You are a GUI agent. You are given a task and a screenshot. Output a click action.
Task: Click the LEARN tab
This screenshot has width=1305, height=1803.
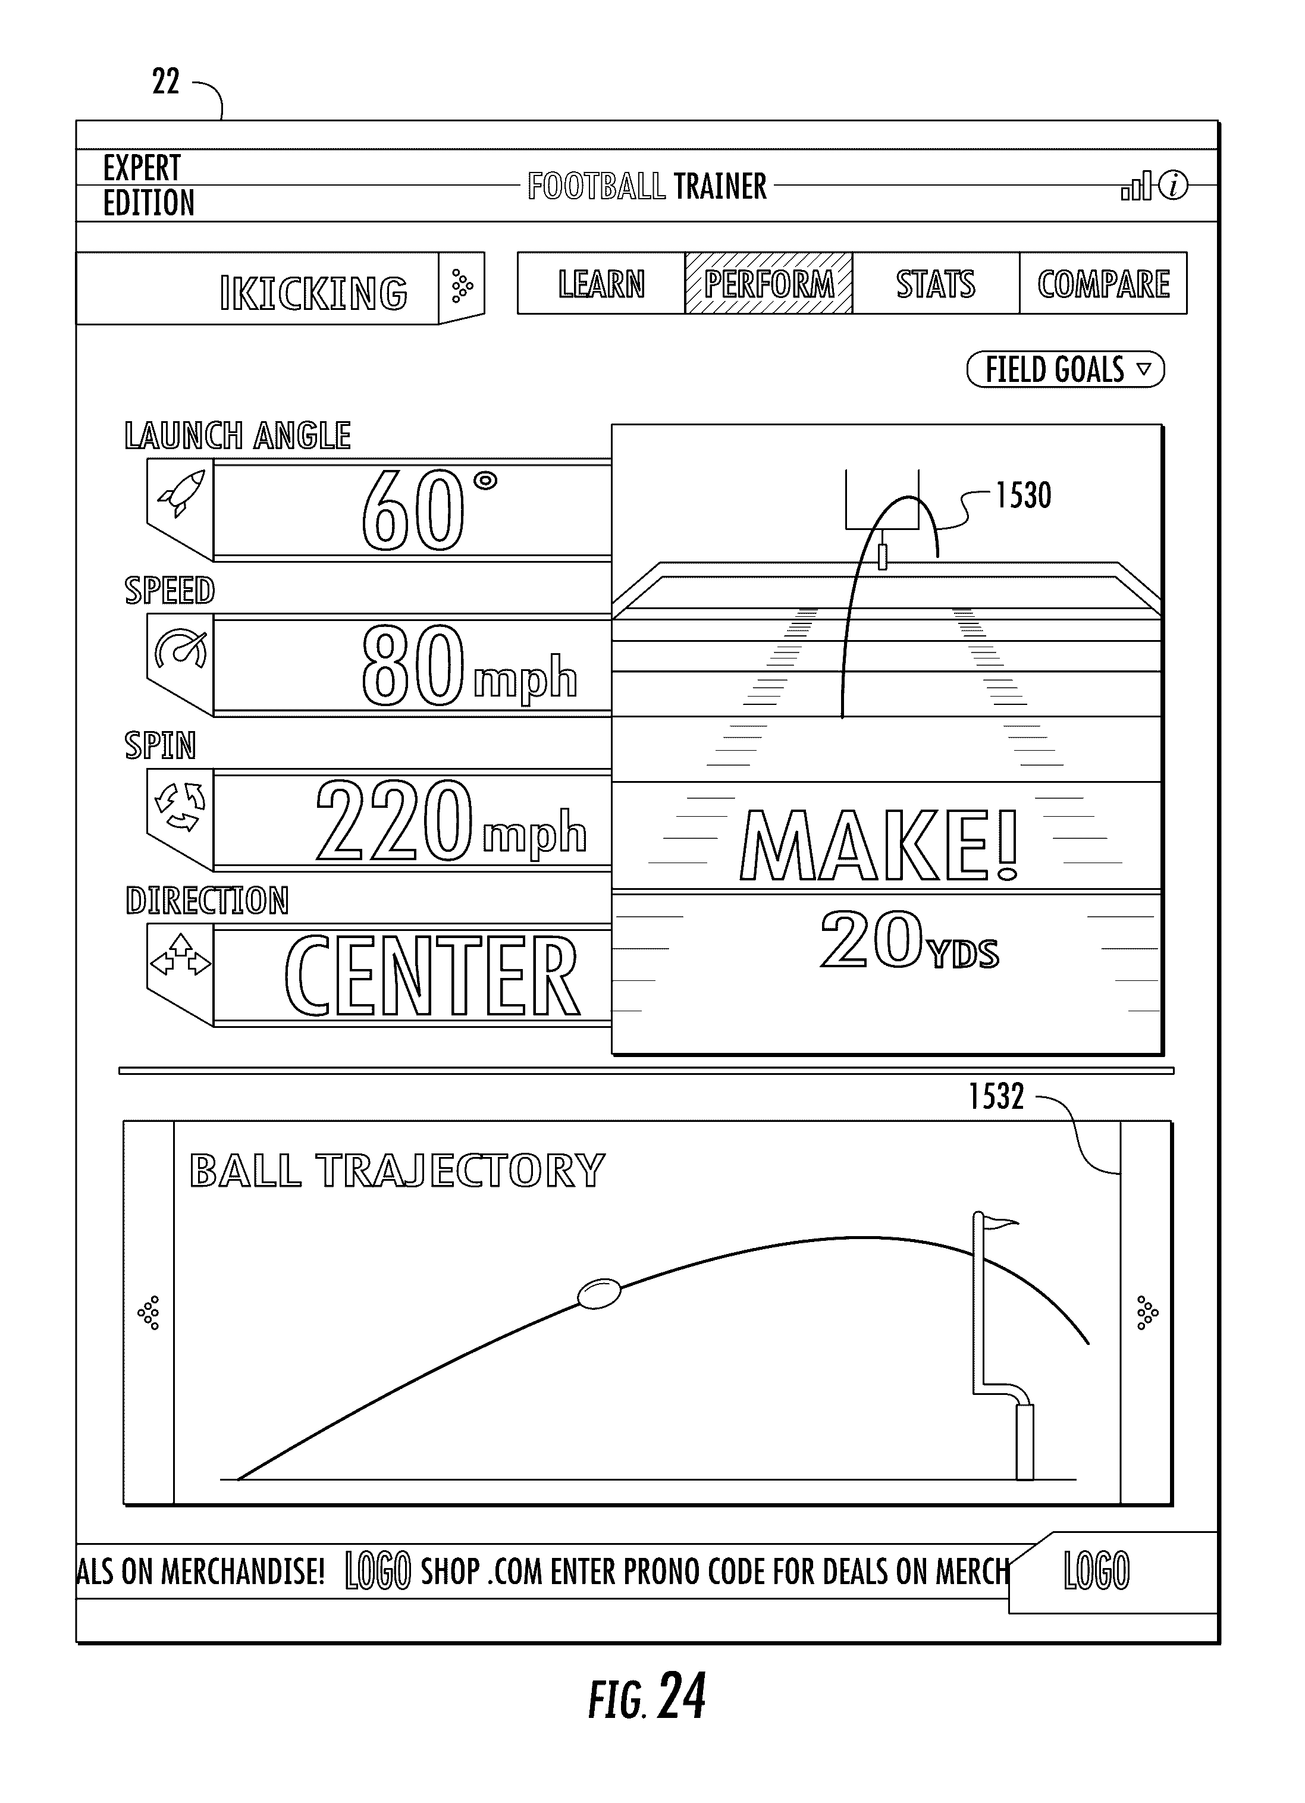(x=601, y=284)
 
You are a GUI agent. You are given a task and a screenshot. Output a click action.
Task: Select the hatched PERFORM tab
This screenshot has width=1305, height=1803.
(x=768, y=284)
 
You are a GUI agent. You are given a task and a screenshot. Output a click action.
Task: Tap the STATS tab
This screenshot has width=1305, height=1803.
(x=936, y=284)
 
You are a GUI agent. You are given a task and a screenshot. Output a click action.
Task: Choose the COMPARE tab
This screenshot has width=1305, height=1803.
(x=1103, y=284)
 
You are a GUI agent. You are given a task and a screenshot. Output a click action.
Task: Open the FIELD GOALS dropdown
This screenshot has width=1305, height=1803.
(x=1065, y=369)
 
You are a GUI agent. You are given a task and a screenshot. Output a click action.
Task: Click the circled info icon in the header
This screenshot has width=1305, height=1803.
(x=1173, y=186)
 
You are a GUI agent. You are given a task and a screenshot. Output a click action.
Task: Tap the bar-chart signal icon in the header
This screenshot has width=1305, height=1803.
(x=1135, y=187)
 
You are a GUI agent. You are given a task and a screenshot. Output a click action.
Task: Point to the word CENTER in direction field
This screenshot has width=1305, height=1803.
(x=432, y=976)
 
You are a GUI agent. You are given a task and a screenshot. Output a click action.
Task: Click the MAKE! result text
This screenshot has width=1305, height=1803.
(x=879, y=845)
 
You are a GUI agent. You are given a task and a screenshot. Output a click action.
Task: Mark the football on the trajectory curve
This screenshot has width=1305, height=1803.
(x=598, y=1293)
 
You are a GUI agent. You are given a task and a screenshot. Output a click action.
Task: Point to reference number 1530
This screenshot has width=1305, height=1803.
(x=1024, y=496)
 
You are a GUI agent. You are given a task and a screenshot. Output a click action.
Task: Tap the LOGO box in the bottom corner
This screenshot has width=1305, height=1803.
(x=1096, y=1571)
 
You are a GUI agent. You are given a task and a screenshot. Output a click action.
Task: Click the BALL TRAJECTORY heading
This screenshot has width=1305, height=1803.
(x=397, y=1171)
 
